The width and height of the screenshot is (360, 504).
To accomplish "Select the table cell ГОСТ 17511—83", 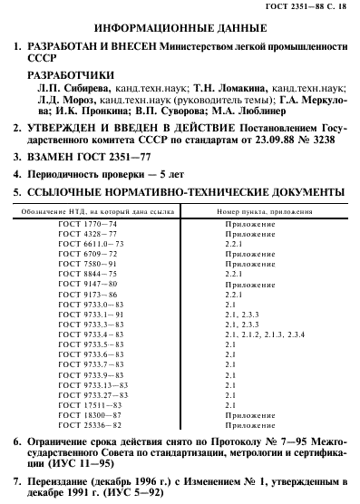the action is click(x=102, y=405).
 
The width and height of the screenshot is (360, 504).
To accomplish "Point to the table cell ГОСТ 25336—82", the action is click(x=102, y=425).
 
